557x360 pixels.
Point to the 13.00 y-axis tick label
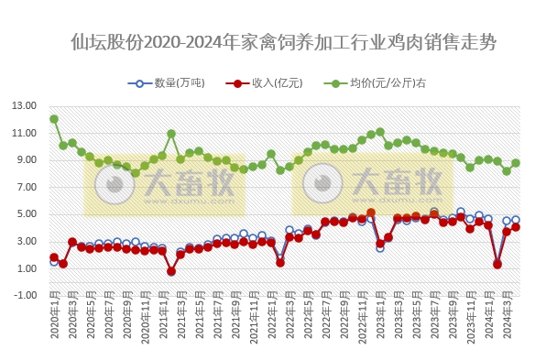(x=25, y=106)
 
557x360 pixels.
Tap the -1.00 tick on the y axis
(x=25, y=295)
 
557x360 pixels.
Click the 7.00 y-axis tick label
(x=25, y=187)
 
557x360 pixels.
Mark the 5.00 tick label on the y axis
(x=25, y=214)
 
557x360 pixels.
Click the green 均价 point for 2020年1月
(x=54, y=119)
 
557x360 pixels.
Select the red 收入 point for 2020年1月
(x=54, y=257)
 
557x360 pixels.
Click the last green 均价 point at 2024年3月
(x=516, y=163)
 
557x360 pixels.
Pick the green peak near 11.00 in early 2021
(x=171, y=134)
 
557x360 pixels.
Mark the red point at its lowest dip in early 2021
(x=171, y=271)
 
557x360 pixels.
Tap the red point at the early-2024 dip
(x=497, y=264)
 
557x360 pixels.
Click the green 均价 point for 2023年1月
(x=380, y=132)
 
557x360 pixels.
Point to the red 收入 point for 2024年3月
(x=516, y=227)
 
